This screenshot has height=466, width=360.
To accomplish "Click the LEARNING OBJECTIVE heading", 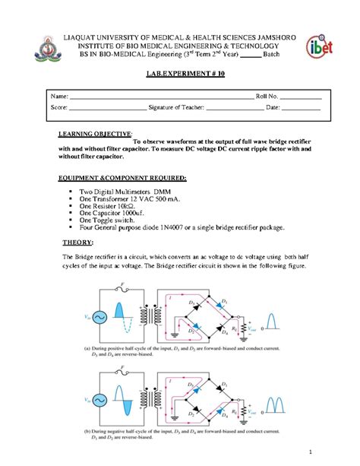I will point(96,133).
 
